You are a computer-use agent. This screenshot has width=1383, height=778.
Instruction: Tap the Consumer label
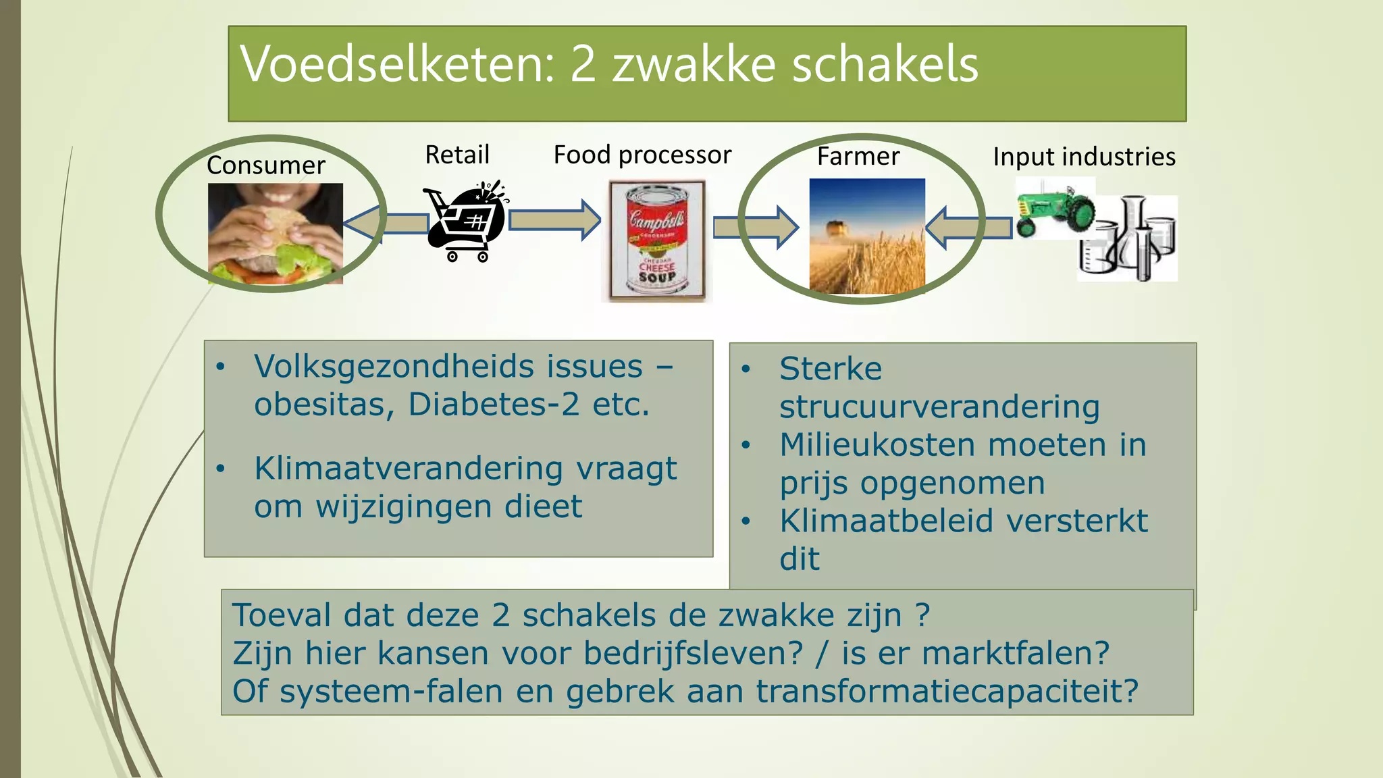point(265,165)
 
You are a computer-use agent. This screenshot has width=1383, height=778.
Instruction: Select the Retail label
point(456,155)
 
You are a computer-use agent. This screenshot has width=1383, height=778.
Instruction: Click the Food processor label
point(642,155)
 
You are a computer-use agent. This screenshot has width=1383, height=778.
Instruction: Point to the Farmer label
point(858,157)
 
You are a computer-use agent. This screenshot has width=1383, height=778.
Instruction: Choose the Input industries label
point(1084,157)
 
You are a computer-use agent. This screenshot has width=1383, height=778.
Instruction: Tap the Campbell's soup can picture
point(656,240)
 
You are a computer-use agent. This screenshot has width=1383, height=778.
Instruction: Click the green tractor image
point(1055,209)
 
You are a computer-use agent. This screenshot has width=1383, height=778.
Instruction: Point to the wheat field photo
point(867,236)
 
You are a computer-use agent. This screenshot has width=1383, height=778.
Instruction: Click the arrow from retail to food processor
point(554,220)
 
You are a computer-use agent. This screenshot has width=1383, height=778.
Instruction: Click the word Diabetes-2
point(494,405)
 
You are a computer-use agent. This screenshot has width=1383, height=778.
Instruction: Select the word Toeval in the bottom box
point(283,615)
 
